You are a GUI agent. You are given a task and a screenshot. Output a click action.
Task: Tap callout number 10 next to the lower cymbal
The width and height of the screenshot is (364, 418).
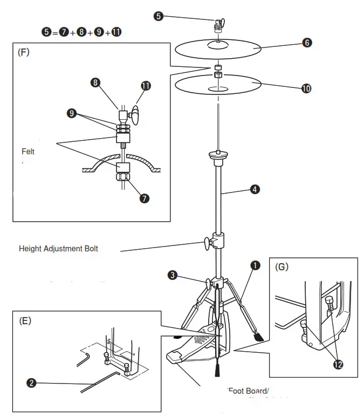(306, 88)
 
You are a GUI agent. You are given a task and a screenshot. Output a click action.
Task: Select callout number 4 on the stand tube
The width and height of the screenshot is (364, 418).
(254, 189)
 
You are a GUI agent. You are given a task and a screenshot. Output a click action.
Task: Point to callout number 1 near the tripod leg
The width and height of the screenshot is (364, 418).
(255, 265)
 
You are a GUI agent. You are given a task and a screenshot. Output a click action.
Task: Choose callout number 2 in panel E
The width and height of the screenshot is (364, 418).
(32, 383)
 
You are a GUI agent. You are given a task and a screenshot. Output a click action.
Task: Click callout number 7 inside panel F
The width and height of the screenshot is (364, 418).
(144, 198)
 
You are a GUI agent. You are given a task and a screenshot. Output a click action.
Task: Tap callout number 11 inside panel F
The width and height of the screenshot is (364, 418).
(146, 86)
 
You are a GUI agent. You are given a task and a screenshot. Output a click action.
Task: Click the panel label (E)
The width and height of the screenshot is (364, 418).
(25, 320)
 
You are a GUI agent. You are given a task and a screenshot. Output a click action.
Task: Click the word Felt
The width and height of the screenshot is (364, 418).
(28, 152)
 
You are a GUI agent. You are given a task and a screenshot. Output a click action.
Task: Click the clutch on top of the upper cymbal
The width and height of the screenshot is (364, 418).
(217, 25)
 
